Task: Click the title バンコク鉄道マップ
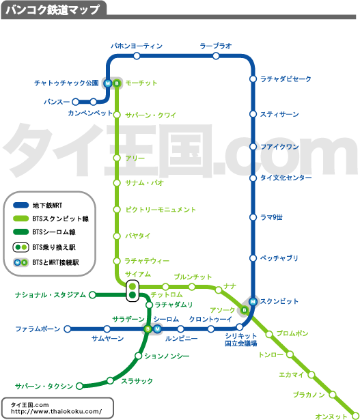[53, 10]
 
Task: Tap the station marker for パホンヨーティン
[137, 56]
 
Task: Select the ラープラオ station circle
[216, 56]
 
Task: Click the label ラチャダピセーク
[286, 79]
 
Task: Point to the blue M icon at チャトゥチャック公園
[108, 83]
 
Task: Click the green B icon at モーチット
[117, 83]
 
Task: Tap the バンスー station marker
[76, 102]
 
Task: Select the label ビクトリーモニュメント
[161, 210]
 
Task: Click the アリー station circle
[117, 158]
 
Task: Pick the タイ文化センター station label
[286, 178]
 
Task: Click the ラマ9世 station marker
[253, 217]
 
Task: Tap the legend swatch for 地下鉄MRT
[21, 206]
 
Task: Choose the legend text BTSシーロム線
[54, 232]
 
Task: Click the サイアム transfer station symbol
[133, 291]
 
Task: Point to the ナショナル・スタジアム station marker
[92, 295]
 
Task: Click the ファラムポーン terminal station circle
[68, 329]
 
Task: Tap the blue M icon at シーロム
[157, 329]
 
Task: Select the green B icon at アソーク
[245, 311]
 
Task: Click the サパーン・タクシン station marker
[79, 386]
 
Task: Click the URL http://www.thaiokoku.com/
[56, 411]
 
